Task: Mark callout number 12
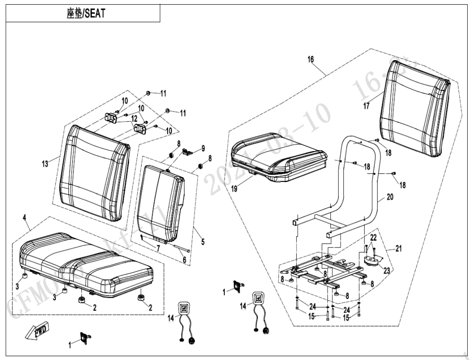coord(134,118)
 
